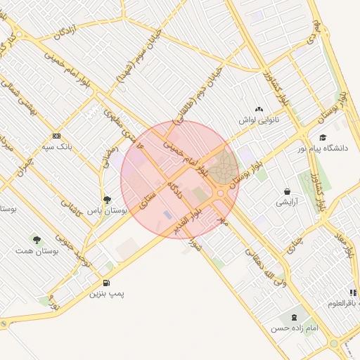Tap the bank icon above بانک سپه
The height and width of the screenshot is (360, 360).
pyautogui.click(x=57, y=136)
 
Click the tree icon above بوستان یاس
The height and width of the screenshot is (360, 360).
pyautogui.click(x=107, y=200)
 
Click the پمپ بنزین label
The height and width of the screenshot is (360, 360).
pyautogui.click(x=105, y=293)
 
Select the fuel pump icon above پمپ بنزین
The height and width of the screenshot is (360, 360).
pyautogui.click(x=106, y=283)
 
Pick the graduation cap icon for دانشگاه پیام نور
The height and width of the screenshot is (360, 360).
pyautogui.click(x=323, y=138)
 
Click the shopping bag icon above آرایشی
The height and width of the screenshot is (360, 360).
pyautogui.click(x=288, y=191)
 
